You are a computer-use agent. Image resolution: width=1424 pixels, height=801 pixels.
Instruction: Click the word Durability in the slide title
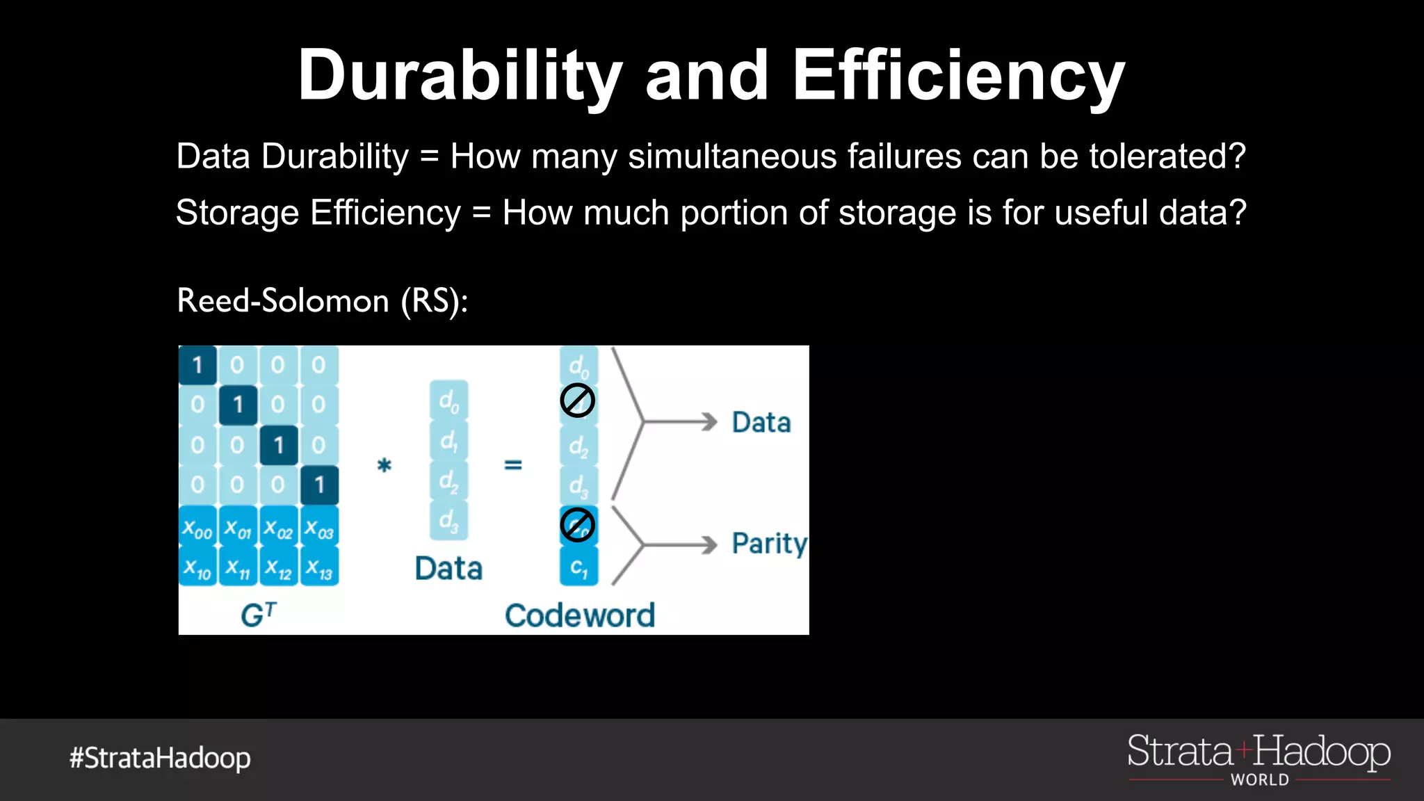460,76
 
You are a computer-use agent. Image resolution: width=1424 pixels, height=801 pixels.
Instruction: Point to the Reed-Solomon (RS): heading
322,301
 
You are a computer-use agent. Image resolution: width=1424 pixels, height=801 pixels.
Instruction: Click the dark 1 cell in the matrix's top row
197,365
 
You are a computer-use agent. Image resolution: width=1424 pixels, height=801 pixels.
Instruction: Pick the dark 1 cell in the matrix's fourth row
319,485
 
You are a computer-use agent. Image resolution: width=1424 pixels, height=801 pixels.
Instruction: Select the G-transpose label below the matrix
258,615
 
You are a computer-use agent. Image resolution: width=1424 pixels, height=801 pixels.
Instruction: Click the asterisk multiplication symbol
384,465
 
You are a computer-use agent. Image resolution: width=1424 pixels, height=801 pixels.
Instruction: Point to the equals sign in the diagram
512,464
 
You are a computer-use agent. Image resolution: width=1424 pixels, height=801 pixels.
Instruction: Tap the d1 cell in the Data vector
448,441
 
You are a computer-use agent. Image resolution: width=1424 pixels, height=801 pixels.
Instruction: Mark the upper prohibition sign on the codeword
577,400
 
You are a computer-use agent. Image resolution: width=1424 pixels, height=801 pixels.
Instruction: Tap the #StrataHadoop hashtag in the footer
160,758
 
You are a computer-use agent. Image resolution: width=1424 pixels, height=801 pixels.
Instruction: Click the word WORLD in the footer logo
1259,780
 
